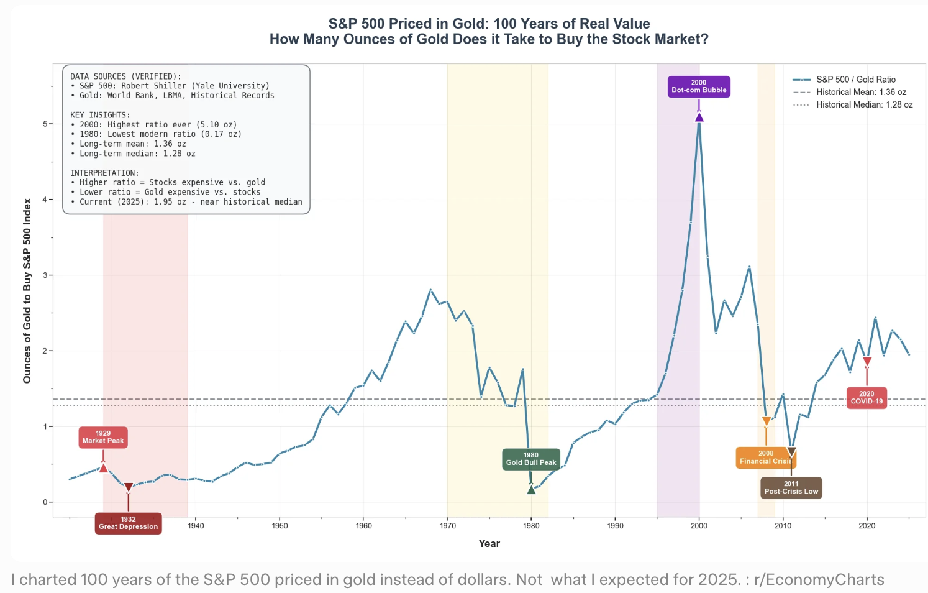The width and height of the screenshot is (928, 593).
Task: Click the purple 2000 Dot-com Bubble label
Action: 699,86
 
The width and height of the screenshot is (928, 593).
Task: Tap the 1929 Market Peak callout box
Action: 103,438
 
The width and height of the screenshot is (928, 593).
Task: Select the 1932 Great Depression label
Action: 129,523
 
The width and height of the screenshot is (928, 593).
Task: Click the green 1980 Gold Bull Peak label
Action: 531,459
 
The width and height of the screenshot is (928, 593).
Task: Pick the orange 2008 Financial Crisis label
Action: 766,457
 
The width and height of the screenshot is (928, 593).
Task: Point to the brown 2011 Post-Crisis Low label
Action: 791,488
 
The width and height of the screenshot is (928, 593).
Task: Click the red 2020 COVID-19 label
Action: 867,398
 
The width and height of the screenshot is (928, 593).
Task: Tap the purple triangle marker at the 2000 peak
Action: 699,117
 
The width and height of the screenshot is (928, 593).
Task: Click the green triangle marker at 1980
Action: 532,490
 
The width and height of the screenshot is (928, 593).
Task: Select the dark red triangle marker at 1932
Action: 129,488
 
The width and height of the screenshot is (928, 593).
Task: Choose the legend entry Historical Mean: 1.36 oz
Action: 849,92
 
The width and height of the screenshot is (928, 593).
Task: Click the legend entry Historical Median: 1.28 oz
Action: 853,104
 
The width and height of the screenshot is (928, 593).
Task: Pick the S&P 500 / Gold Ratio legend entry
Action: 844,79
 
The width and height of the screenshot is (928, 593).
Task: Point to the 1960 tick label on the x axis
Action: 364,526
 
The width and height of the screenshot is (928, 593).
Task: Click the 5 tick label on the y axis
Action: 45,124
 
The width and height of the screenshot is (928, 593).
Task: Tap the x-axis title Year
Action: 489,543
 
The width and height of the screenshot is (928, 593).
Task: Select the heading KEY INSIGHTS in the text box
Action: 100,115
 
